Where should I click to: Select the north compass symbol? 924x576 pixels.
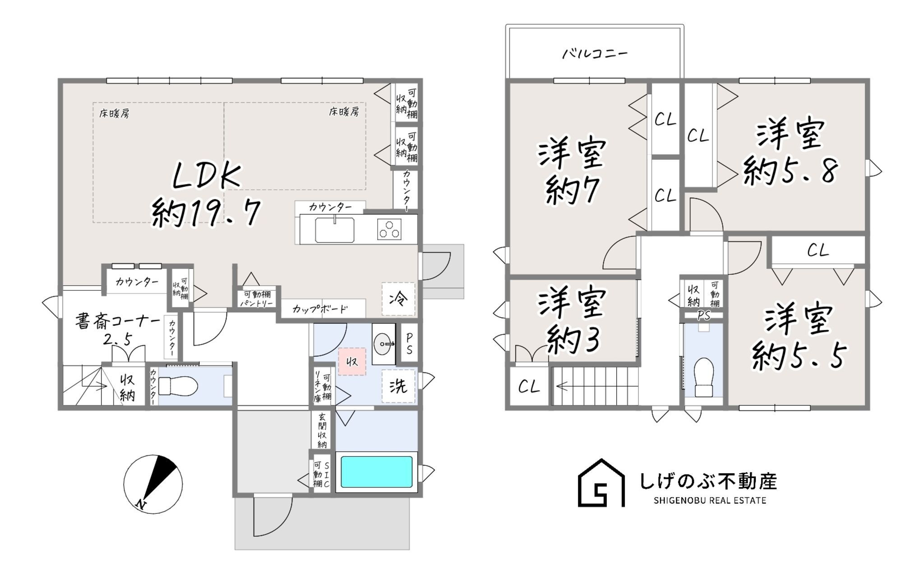(x=153, y=484)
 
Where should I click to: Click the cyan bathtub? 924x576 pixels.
(x=377, y=472)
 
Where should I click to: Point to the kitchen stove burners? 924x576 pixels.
(x=389, y=229)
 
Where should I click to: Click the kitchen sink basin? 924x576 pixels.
(x=334, y=230)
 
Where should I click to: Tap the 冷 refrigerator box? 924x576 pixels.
(x=398, y=298)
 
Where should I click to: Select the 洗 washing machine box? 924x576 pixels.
(x=398, y=386)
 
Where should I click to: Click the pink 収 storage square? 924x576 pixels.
(x=352, y=361)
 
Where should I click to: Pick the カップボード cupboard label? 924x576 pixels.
(x=320, y=309)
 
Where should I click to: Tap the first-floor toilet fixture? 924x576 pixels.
(x=178, y=386)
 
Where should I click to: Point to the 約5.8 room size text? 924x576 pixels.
(x=790, y=171)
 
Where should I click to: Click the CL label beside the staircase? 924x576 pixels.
(x=529, y=387)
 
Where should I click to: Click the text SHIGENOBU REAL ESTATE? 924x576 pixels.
(x=710, y=501)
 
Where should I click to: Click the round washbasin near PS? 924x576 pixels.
(x=383, y=344)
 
